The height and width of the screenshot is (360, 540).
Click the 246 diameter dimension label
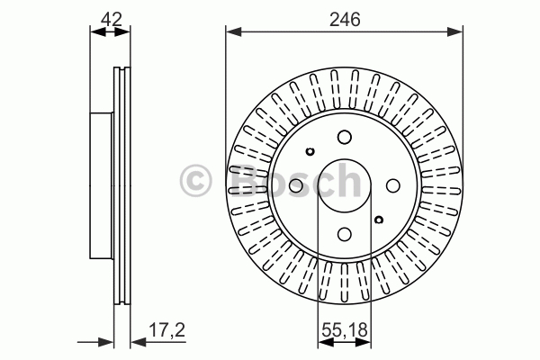(x=345, y=19)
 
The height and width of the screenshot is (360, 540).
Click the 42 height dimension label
(x=112, y=19)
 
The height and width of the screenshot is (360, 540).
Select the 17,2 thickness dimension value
(x=167, y=330)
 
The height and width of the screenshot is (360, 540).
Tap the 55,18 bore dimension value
(x=345, y=330)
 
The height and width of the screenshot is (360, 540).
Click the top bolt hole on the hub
(x=345, y=137)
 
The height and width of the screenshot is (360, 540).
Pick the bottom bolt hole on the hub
(x=345, y=234)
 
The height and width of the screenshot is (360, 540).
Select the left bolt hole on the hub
(x=296, y=185)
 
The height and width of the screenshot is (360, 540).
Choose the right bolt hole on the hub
(x=393, y=185)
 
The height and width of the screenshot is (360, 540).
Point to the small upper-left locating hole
(x=310, y=151)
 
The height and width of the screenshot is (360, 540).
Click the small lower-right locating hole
(x=379, y=220)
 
